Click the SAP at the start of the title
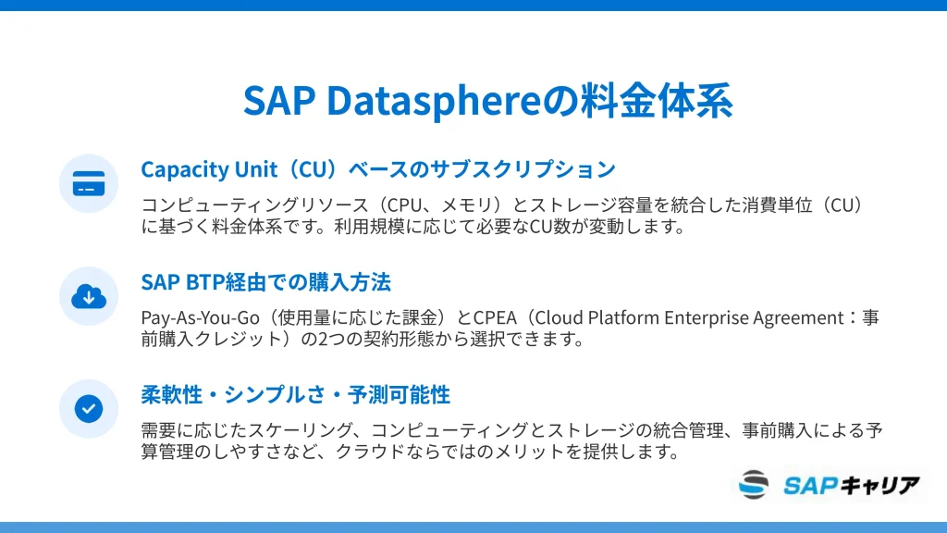pyautogui.click(x=279, y=100)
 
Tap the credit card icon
pyautogui.click(x=89, y=184)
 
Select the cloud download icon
pyautogui.click(x=89, y=296)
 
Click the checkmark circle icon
pyautogui.click(x=89, y=408)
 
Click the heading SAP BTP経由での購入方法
pyautogui.click(x=265, y=282)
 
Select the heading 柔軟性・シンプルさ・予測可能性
pyautogui.click(x=295, y=394)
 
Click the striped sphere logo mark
pyautogui.click(x=754, y=484)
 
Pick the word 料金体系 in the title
pyautogui.click(x=657, y=100)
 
